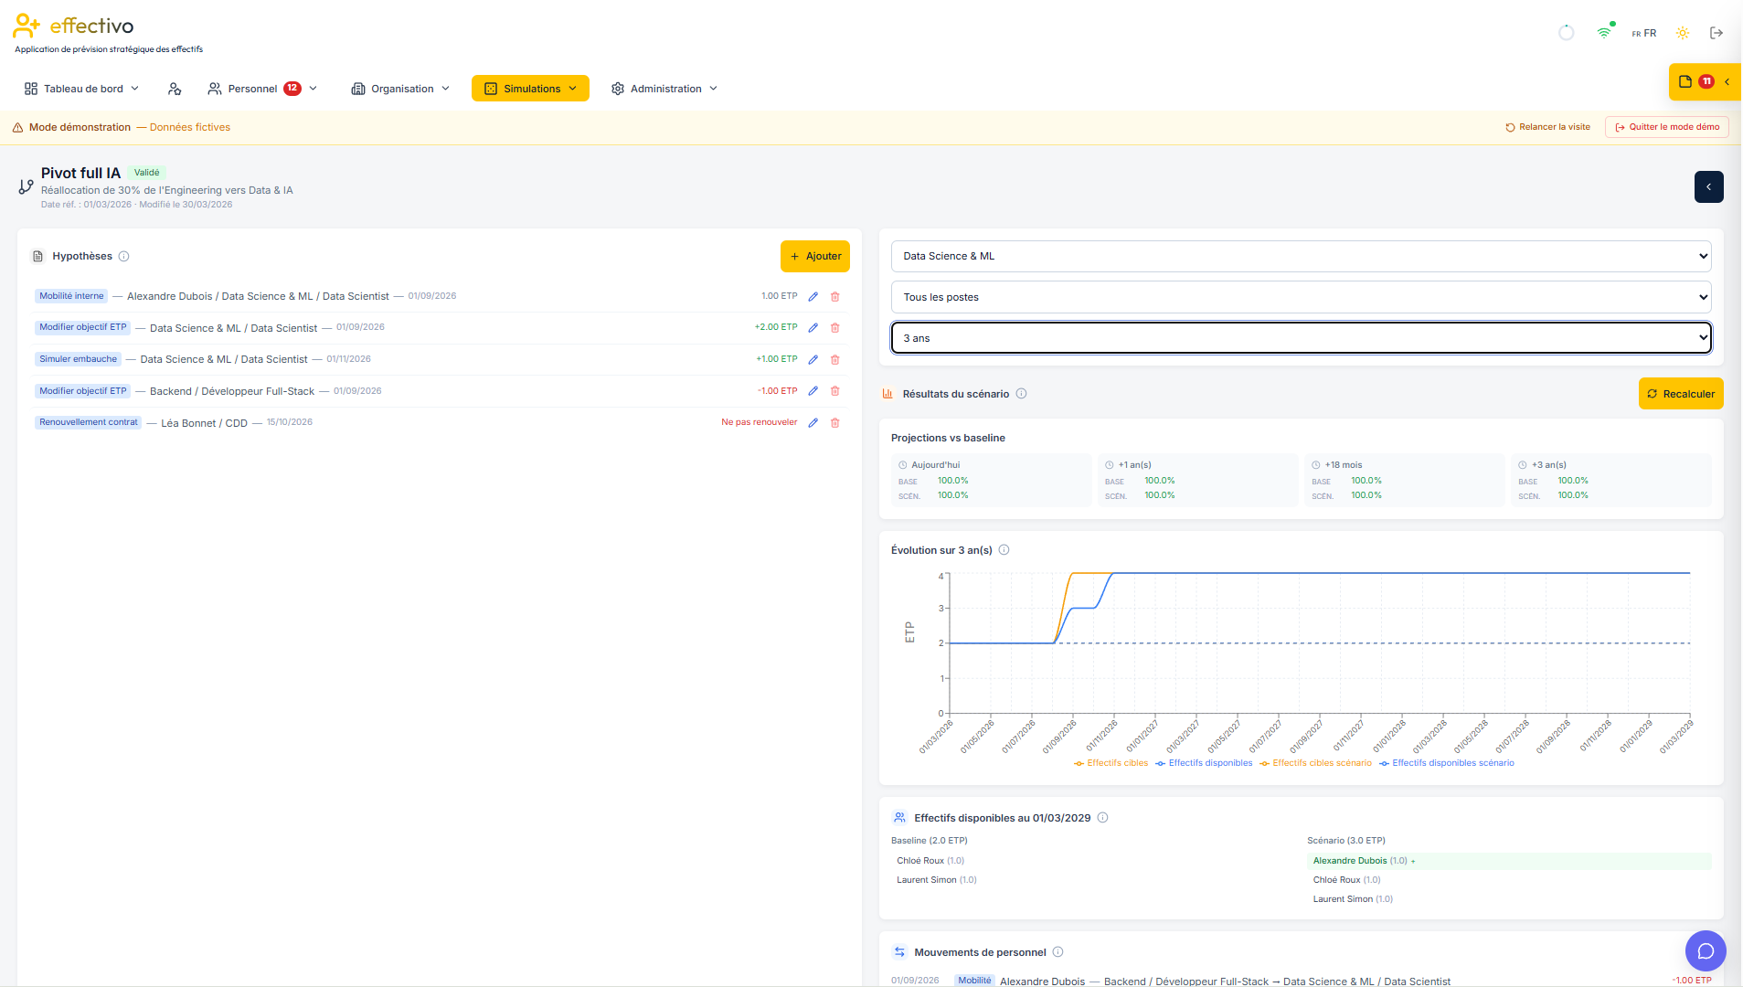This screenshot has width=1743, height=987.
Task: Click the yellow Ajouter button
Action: point(814,257)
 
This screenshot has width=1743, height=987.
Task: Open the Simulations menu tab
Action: point(530,89)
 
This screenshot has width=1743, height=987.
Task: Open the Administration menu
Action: point(664,89)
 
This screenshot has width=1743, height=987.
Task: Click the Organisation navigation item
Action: point(401,89)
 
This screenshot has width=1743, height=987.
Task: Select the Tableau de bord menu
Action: point(82,89)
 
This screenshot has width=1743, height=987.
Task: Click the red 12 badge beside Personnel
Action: point(292,89)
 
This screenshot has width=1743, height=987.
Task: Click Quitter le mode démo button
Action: point(1666,127)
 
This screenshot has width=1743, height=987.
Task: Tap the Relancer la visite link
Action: point(1547,127)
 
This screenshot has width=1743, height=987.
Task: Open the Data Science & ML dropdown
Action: point(1301,257)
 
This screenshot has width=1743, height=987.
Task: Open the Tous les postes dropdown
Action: point(1301,297)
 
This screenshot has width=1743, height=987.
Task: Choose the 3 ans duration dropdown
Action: point(1301,338)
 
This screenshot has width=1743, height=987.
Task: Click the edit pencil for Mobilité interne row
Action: point(813,296)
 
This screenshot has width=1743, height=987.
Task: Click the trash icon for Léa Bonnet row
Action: point(834,423)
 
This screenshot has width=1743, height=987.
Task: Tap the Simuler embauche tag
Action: point(79,359)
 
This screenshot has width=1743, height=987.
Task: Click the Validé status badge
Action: point(146,173)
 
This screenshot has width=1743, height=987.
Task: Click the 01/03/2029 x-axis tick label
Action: point(1677,736)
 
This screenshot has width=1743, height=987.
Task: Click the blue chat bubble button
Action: point(1706,951)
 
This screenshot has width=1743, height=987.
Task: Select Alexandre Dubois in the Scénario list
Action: point(1350,861)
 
